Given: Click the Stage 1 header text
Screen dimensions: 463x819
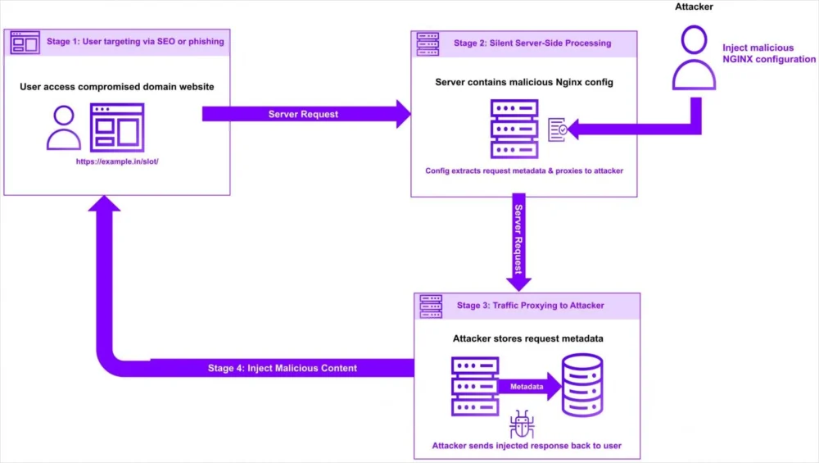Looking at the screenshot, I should click(x=135, y=42).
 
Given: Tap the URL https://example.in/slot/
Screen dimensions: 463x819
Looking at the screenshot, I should click(x=117, y=161).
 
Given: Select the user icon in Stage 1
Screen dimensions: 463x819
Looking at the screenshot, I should click(x=64, y=128).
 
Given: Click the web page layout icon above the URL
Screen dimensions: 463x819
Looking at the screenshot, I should click(x=117, y=128).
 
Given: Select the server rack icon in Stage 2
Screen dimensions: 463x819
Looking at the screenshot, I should click(x=514, y=129).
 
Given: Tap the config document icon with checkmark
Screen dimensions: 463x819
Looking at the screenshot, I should click(x=557, y=129).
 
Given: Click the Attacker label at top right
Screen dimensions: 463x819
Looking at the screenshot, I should click(x=695, y=8).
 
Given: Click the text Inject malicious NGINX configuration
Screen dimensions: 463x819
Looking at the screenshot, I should click(x=768, y=53).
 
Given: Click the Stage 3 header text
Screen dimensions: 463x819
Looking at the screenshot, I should click(x=530, y=306).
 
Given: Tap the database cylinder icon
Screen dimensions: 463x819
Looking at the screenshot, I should click(x=583, y=386).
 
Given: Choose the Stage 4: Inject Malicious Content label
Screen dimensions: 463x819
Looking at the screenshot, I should click(x=282, y=369).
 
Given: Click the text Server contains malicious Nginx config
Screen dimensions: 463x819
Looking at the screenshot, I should click(x=523, y=82).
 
